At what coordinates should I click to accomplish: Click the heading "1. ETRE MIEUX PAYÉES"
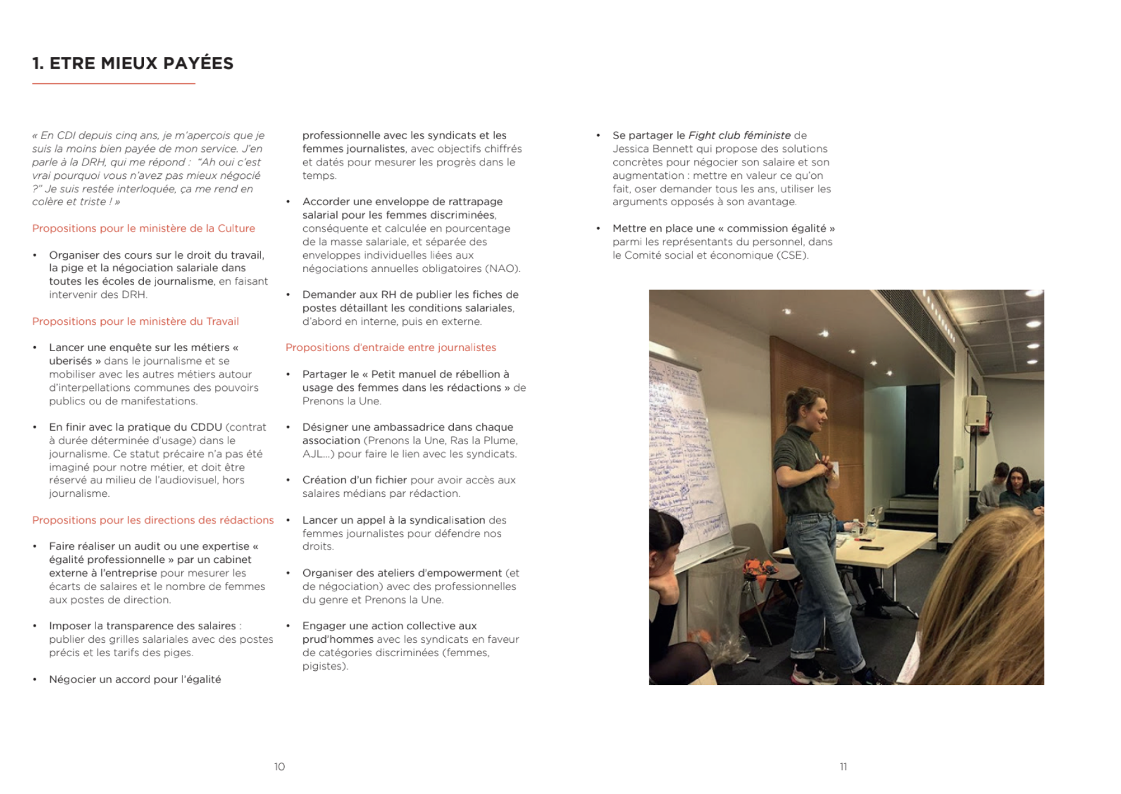click(133, 63)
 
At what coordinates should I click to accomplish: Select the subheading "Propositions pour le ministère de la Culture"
click(143, 228)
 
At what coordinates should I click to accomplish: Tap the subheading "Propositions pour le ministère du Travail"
click(135, 321)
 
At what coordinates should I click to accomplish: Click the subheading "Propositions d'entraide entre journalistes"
click(390, 347)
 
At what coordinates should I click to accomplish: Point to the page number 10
click(279, 766)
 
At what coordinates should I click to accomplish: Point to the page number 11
click(843, 766)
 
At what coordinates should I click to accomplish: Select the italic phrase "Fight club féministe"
click(739, 135)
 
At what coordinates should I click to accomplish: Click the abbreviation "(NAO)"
click(503, 268)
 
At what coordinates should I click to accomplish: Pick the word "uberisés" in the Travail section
click(70, 361)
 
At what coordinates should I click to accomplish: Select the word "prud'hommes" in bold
click(338, 639)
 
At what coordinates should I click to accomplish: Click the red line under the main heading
click(113, 83)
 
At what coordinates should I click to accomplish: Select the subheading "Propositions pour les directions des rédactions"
click(153, 520)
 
